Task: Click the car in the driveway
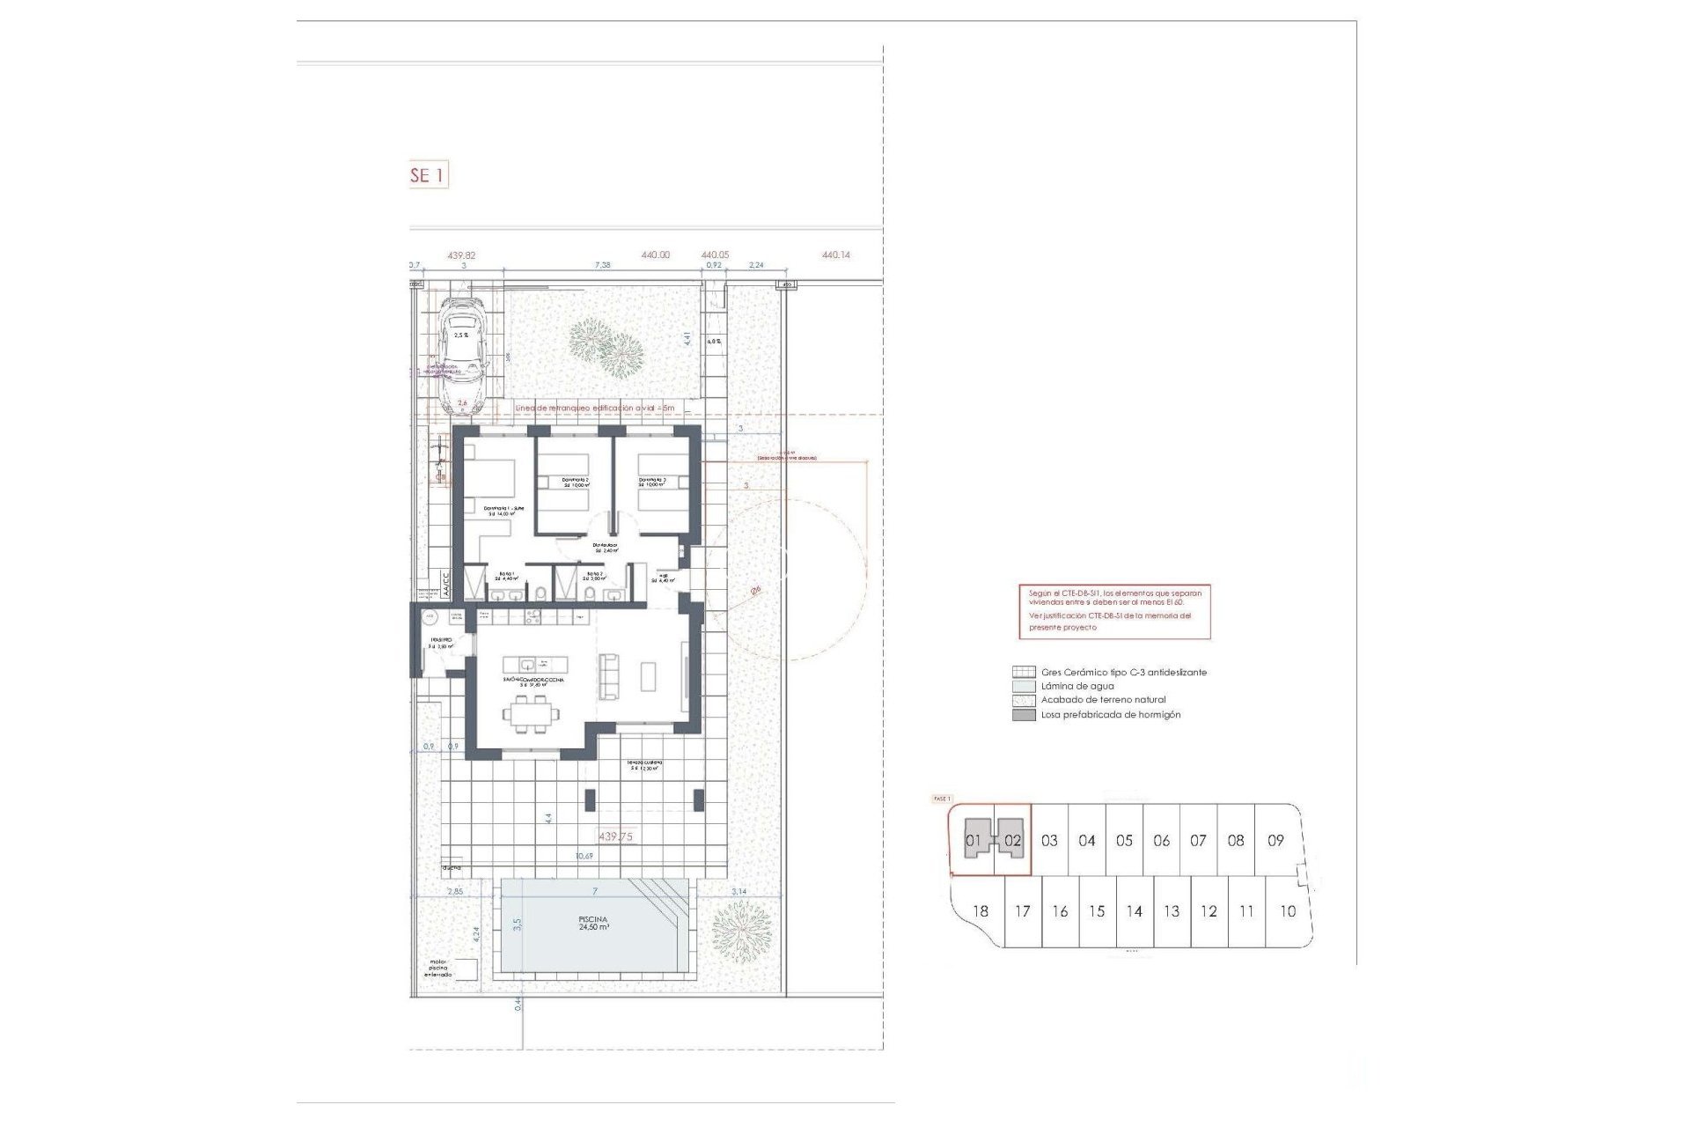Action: (x=462, y=355)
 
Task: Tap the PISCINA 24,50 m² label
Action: (x=593, y=923)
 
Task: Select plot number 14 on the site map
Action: (x=1134, y=911)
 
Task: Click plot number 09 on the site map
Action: (x=1275, y=841)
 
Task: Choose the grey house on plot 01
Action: (x=974, y=840)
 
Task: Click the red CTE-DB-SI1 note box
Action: (x=1113, y=610)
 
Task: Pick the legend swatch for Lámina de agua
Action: (x=1024, y=686)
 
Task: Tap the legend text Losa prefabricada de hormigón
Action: (x=1111, y=715)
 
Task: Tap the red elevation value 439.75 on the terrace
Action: (x=615, y=836)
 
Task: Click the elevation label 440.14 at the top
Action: (x=835, y=255)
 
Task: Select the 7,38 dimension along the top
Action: (x=602, y=265)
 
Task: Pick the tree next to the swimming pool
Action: (x=740, y=931)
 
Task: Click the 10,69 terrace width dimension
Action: (x=584, y=855)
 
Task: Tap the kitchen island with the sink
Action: (x=534, y=664)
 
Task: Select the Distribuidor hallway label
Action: (x=605, y=548)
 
